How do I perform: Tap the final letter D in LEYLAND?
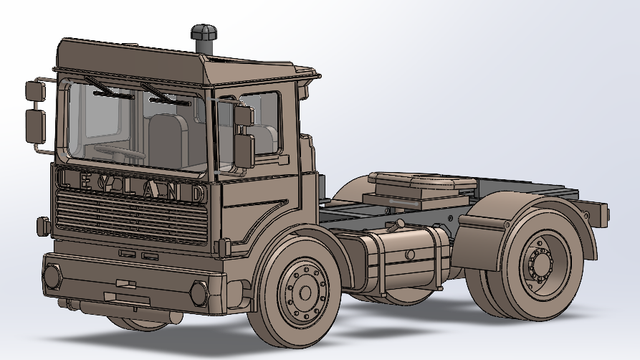pyautogui.click(x=198, y=190)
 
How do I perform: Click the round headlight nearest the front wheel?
pyautogui.click(x=198, y=293)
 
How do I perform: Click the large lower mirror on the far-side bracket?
pyautogui.click(x=35, y=126)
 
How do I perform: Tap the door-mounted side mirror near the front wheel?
pyautogui.click(x=245, y=140)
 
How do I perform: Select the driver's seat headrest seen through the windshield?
pyautogui.click(x=167, y=130)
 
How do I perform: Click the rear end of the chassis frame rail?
pyautogui.click(x=598, y=214)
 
